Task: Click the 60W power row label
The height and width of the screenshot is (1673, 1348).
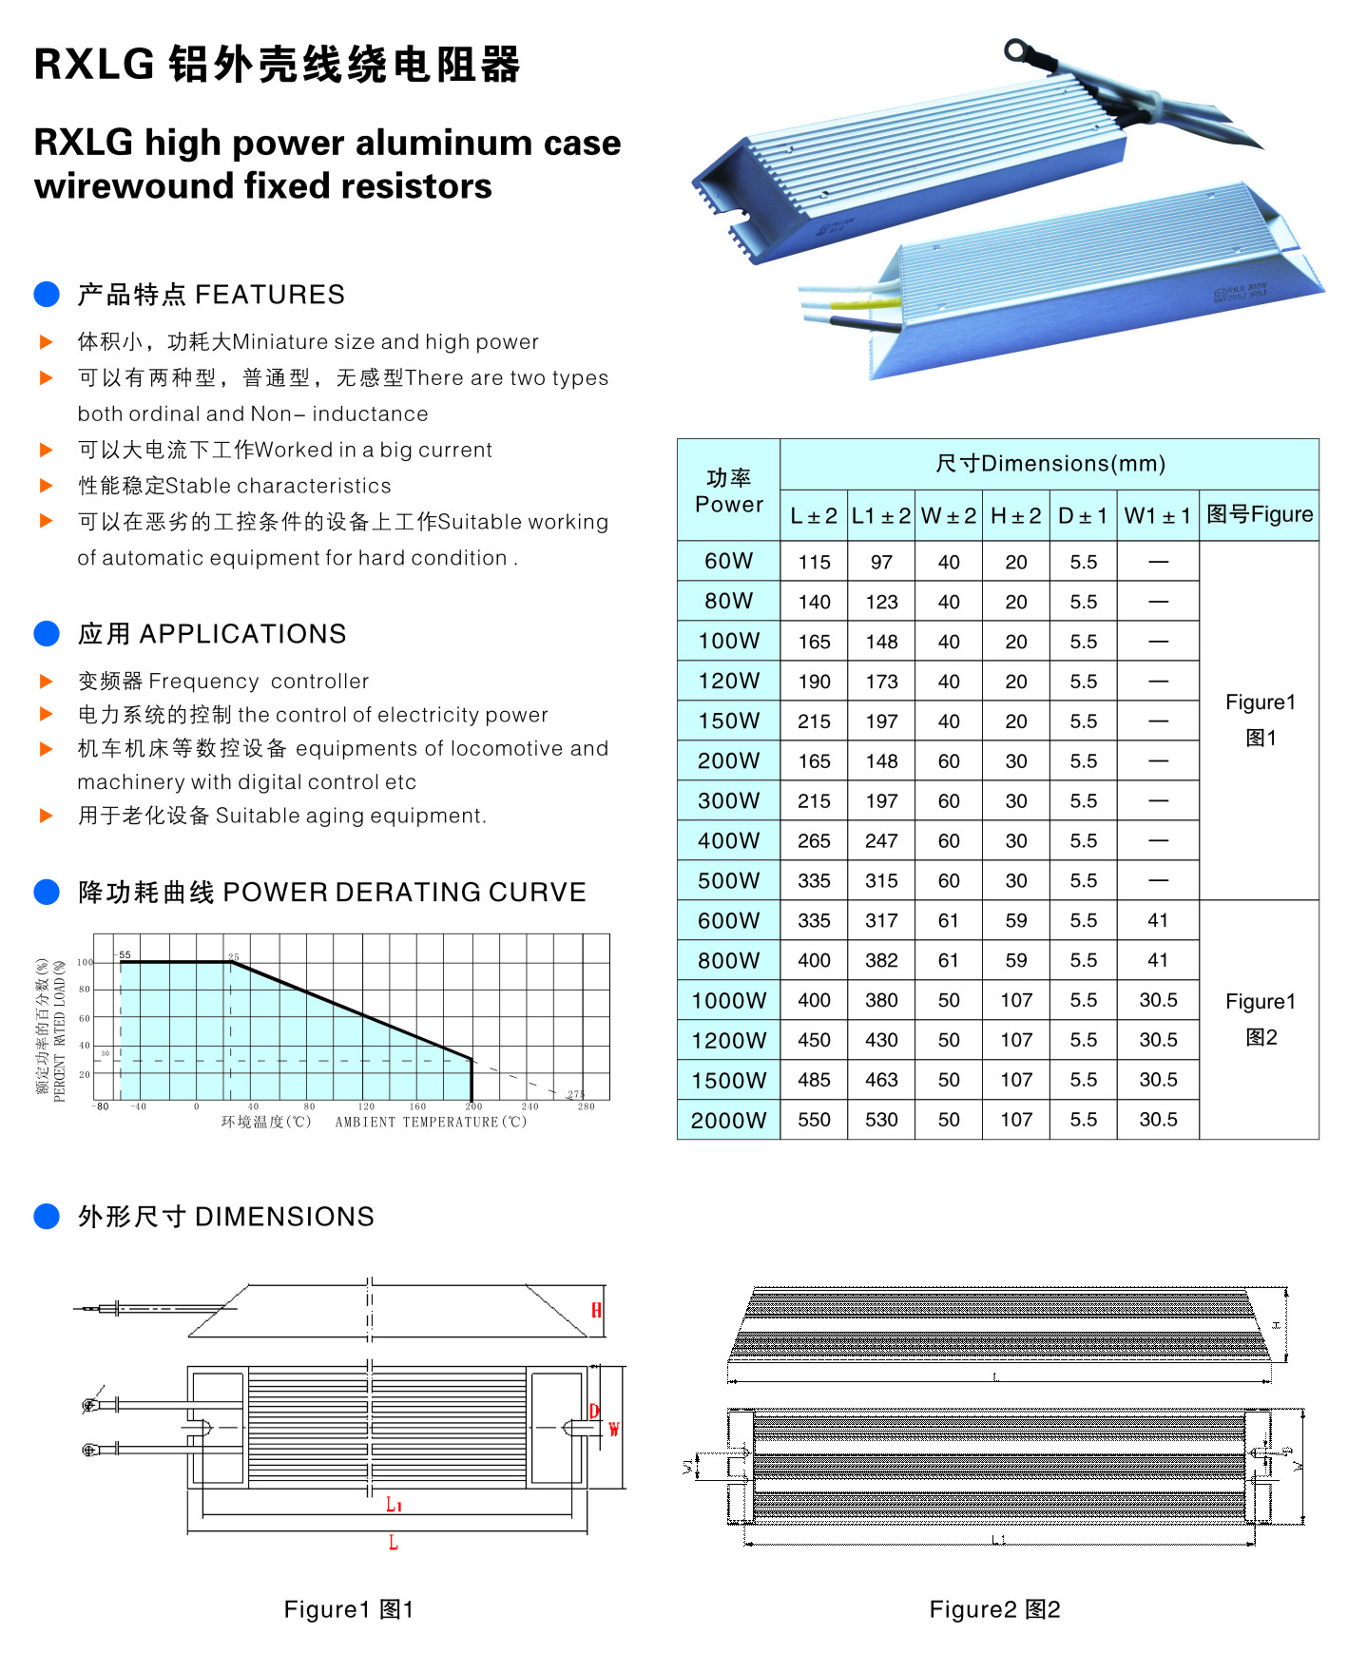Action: point(728,561)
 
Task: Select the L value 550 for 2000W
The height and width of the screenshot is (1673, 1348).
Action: point(814,1120)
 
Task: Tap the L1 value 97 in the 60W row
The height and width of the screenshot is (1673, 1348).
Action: point(881,562)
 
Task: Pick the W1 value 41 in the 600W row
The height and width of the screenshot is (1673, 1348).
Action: point(1158,920)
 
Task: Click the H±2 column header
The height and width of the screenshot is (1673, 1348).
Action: point(1015,516)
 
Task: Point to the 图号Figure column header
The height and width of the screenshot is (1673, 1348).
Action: point(1260,515)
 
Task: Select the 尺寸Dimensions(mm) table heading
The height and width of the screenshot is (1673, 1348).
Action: point(1050,464)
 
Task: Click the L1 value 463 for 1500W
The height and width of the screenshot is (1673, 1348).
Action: point(881,1080)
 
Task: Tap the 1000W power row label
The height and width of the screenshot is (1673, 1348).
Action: point(728,1000)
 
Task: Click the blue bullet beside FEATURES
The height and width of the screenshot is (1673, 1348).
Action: point(47,295)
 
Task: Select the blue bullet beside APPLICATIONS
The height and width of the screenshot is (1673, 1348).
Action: point(47,634)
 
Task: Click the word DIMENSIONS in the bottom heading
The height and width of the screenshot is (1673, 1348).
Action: point(284,1217)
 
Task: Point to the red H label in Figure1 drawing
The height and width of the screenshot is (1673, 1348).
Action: point(596,1311)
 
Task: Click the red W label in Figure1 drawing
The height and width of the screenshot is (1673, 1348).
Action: point(614,1430)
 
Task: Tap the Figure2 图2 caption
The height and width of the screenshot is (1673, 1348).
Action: point(994,1609)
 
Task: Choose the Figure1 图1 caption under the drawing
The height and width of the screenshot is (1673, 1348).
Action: point(349,1609)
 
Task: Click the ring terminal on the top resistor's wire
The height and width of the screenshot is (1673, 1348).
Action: point(1019,49)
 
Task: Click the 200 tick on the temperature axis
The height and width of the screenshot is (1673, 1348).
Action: point(473,1106)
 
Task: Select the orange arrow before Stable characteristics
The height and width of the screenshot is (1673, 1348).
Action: point(46,486)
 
